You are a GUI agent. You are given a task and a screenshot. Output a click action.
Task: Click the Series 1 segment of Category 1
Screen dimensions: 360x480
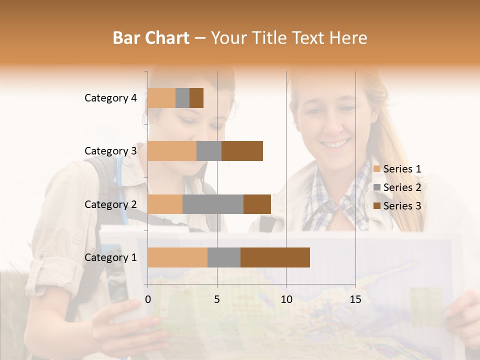tap(177, 257)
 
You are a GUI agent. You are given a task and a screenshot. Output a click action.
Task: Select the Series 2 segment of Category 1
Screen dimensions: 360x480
tap(224, 257)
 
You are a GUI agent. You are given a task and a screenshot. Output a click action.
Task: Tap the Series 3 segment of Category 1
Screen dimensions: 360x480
tap(275, 257)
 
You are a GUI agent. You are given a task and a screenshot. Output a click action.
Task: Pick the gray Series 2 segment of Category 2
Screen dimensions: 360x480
tap(213, 204)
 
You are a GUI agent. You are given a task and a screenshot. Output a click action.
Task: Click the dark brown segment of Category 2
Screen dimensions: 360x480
tap(257, 204)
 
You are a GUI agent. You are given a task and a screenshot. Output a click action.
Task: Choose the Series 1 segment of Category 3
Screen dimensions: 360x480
tap(172, 151)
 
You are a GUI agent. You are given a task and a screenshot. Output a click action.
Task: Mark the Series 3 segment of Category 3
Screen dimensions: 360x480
tap(242, 151)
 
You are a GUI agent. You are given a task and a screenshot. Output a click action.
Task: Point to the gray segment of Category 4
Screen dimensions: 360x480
tap(182, 98)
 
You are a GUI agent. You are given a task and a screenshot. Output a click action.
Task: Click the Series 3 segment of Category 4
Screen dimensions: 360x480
tap(196, 98)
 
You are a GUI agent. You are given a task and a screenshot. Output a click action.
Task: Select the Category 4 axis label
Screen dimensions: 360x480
tap(110, 98)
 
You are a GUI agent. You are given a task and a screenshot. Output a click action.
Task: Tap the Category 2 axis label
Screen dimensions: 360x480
tap(110, 204)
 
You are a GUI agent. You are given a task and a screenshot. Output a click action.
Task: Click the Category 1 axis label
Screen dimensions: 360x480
tap(110, 257)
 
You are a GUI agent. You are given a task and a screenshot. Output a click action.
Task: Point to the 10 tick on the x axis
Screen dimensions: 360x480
tap(286, 299)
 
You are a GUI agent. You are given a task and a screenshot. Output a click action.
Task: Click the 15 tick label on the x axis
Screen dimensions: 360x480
tap(355, 299)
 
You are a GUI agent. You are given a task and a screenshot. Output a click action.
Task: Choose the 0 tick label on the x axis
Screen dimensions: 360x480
tap(148, 299)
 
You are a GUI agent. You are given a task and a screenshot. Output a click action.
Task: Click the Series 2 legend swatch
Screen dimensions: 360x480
tap(376, 187)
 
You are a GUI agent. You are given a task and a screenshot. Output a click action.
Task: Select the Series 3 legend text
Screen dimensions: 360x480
tap(402, 206)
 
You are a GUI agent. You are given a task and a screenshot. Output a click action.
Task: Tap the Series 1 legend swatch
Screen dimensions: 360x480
tap(376, 169)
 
